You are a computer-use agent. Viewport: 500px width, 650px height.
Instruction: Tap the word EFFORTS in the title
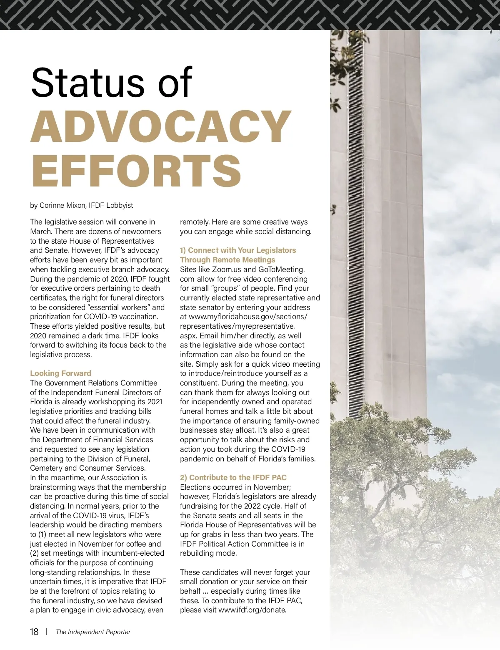(136, 171)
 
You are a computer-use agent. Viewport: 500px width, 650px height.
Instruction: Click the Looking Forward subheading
(60, 373)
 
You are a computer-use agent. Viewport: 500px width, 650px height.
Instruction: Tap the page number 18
(34, 632)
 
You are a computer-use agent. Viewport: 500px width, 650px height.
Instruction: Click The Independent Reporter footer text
(93, 632)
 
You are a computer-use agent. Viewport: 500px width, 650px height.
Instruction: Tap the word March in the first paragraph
(41, 232)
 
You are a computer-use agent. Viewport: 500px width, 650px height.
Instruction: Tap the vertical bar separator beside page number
(46, 632)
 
